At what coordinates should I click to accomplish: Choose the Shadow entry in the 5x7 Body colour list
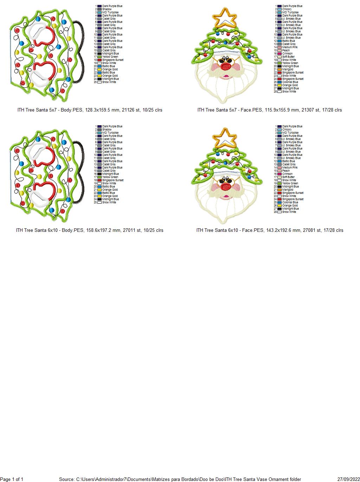coord(107,9)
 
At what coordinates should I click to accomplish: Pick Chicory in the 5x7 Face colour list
coord(287,9)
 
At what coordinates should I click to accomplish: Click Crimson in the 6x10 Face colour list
coord(287,174)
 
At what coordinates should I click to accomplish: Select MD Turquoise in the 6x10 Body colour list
coord(110,133)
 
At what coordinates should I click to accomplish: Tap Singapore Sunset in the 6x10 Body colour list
coord(112,180)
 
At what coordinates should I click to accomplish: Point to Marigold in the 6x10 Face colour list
coord(287,190)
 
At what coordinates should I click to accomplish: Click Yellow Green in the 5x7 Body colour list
coord(110,57)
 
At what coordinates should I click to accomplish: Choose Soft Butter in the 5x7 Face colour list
coord(288,57)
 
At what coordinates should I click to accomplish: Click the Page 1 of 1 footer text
coord(12,479)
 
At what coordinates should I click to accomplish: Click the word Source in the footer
coord(66,479)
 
